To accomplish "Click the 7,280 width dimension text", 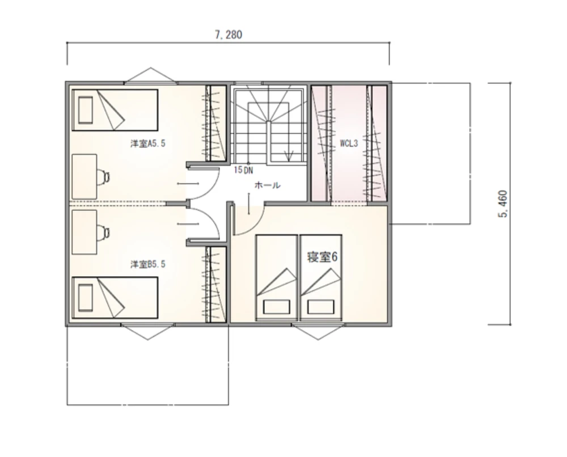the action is tap(229, 35).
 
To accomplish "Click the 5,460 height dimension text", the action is tap(503, 204).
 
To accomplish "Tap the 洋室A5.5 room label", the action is tap(148, 143).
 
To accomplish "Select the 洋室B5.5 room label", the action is tap(148, 264).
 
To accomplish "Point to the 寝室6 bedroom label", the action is tap(322, 257).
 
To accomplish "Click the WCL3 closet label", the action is tap(349, 143).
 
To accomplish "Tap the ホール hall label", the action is tap(267, 185).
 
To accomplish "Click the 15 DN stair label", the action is tap(243, 170).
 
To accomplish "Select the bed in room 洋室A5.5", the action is tap(115, 110).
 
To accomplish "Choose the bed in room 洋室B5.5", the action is tap(115, 298).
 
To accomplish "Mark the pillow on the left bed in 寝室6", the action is tap(277, 307).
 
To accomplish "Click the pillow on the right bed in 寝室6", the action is tap(321, 307).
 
